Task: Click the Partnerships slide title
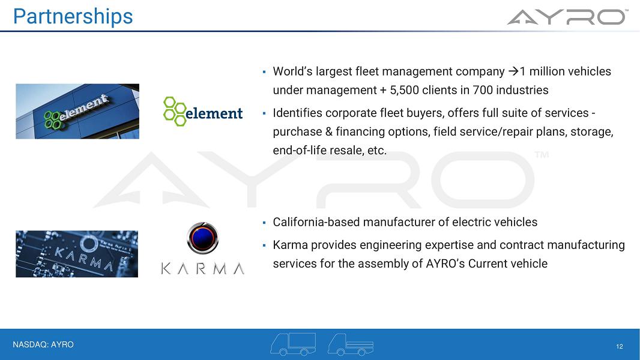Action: tap(73, 17)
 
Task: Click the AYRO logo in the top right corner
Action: tap(567, 17)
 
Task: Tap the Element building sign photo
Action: tap(77, 112)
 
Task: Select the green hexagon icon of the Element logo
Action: tap(175, 112)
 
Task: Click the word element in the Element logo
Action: tap(214, 113)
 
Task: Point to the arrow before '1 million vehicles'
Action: tap(513, 71)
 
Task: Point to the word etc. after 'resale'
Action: tap(376, 151)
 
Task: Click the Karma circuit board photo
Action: tap(77, 254)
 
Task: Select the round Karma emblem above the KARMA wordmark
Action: tap(202, 238)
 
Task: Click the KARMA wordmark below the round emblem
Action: tap(203, 269)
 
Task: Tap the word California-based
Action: tap(316, 222)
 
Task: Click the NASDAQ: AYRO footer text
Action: tap(43, 345)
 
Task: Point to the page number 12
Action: tap(620, 347)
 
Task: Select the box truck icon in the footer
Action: tap(293, 344)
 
